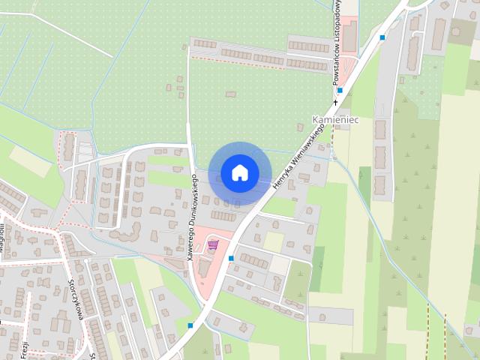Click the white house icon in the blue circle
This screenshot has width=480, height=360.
click(239, 173)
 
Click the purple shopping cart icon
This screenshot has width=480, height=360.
click(213, 244)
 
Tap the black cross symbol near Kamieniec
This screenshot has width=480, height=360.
click(335, 101)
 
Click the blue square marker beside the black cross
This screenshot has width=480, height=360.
click(340, 91)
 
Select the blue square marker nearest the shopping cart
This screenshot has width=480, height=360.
click(231, 258)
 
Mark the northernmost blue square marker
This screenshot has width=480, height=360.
click(382, 37)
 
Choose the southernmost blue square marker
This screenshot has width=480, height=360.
click(191, 325)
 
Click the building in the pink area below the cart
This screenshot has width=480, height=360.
click(204, 267)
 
